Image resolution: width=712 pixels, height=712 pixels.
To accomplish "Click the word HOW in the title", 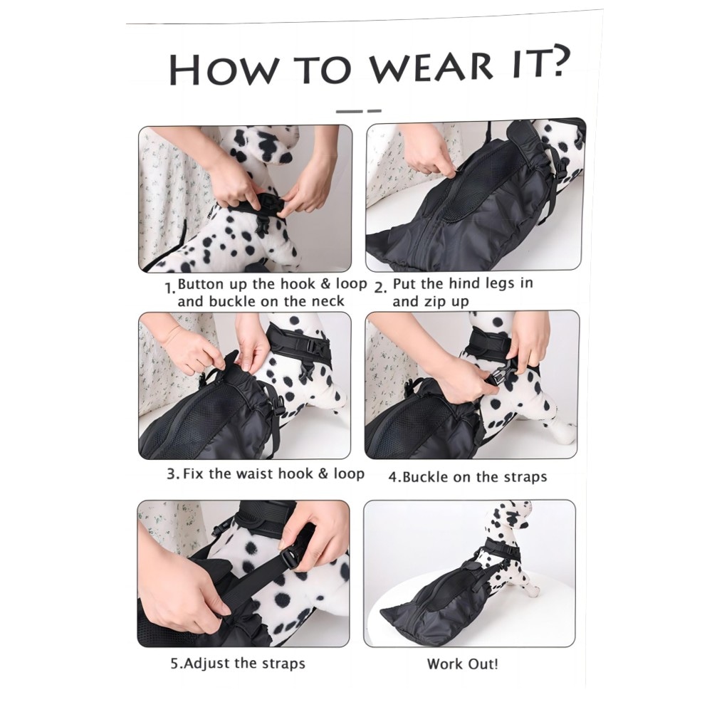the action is [223, 70].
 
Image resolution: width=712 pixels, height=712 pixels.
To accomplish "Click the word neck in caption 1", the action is [328, 301].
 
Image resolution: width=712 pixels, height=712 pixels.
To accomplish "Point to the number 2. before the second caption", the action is [380, 288].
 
